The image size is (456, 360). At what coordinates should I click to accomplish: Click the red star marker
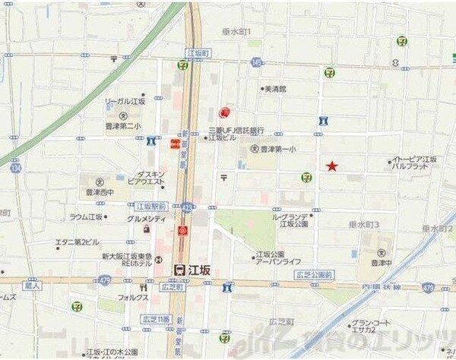point(331,166)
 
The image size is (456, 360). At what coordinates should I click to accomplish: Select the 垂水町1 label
point(236,31)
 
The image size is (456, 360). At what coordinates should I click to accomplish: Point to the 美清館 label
point(275,89)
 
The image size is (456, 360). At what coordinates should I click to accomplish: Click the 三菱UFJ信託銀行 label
point(236,130)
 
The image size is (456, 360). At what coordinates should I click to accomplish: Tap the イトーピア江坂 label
point(414,159)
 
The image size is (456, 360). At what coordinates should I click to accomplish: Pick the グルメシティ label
point(147,219)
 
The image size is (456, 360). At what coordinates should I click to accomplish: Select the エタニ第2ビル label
point(77,242)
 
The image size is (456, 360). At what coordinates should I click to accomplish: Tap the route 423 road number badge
point(187,207)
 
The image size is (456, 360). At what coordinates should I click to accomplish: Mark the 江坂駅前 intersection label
point(150,206)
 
